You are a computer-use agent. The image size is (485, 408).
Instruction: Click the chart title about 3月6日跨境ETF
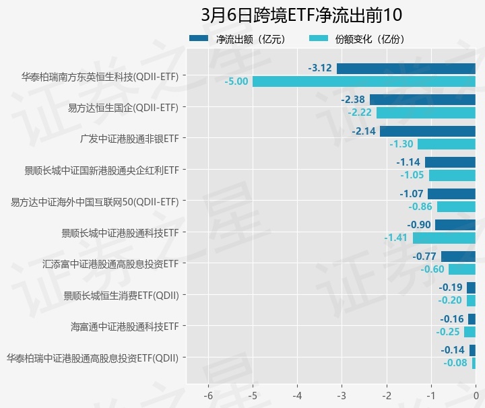coord(301,15)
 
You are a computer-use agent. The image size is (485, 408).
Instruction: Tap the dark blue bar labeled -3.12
coord(406,68)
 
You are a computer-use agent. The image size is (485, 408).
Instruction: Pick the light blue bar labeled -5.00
coord(364,81)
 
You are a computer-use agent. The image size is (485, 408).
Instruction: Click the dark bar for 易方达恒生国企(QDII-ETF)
coord(422,100)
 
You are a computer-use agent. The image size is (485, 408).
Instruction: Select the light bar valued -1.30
coord(447,144)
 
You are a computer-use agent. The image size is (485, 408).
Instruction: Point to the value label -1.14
coord(408,162)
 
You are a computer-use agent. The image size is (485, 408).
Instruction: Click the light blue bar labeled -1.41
coord(444,238)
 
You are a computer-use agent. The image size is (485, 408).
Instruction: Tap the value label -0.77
coord(424,257)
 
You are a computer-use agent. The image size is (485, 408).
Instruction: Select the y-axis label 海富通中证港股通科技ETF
coord(125,327)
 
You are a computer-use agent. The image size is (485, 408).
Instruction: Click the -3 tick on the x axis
coord(342,394)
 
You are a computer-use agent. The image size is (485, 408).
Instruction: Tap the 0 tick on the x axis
coord(476,394)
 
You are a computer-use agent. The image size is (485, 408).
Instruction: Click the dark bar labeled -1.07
coord(451,194)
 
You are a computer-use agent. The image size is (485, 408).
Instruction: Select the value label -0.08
coord(455,363)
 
